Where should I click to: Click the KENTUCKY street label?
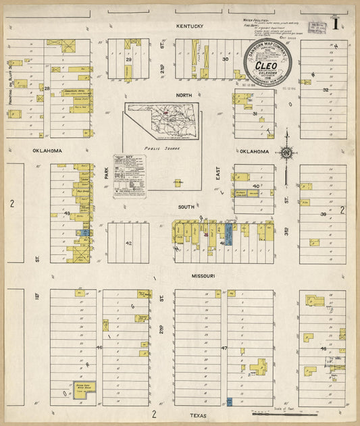190,26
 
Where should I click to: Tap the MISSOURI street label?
203,276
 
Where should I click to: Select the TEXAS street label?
198,416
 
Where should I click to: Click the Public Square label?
159,146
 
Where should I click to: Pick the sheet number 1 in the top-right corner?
336,25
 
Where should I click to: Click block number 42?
128,243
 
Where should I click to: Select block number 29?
128,59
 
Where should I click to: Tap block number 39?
323,214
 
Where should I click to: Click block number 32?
326,90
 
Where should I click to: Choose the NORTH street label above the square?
185,95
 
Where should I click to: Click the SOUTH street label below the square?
186,207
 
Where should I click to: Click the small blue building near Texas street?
230,402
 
